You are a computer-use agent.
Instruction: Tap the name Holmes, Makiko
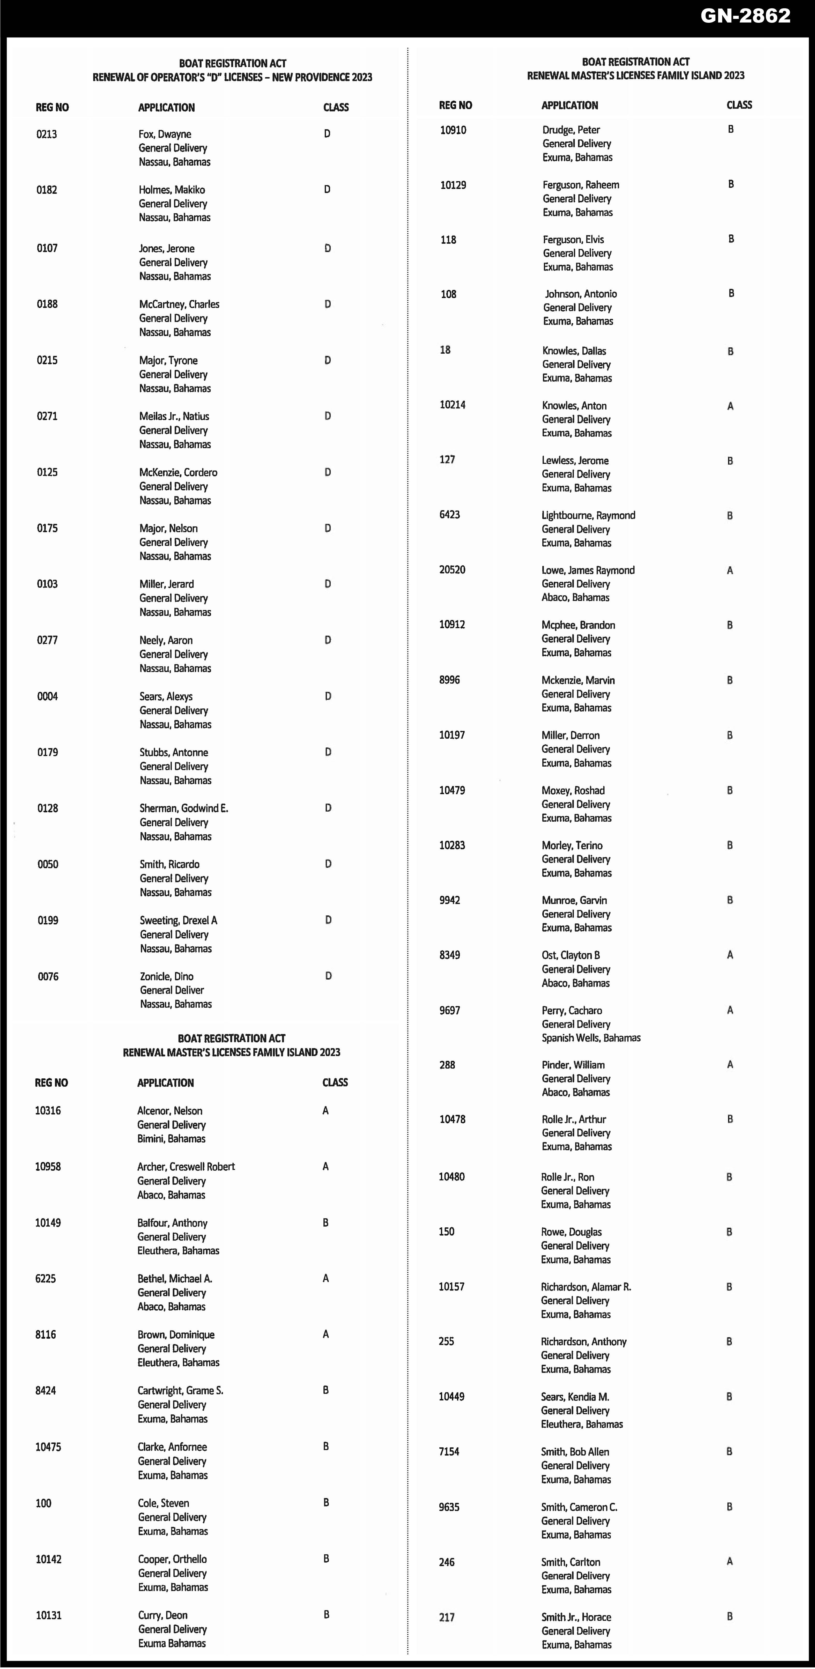click(172, 190)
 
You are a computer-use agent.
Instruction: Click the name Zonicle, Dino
click(167, 976)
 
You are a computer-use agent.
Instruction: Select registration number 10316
click(48, 1110)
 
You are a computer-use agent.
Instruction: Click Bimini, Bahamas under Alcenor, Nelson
click(171, 1138)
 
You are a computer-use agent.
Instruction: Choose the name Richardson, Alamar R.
click(586, 1287)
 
